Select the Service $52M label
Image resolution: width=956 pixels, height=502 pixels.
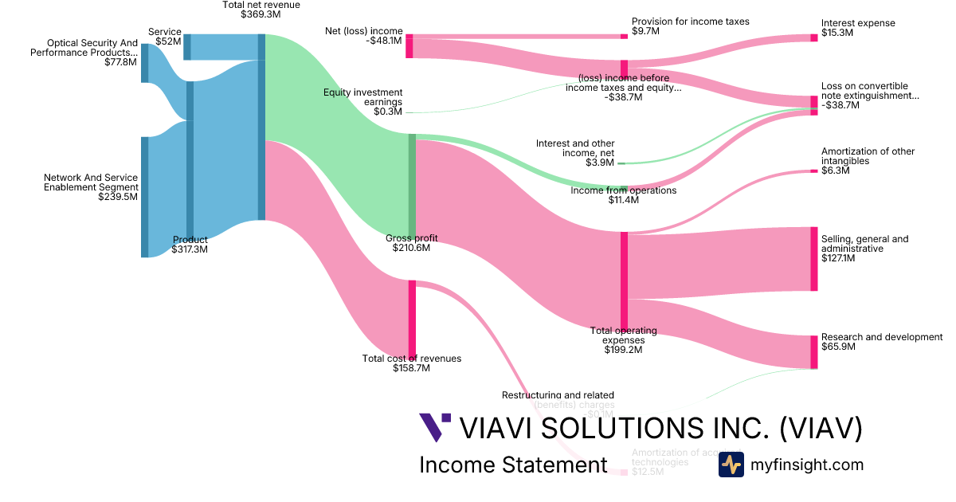click(165, 37)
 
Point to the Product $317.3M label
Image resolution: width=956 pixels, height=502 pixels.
click(190, 245)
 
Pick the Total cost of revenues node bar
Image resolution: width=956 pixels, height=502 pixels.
click(412, 319)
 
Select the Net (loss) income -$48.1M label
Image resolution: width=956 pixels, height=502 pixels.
click(363, 36)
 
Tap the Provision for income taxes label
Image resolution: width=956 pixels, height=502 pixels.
click(690, 26)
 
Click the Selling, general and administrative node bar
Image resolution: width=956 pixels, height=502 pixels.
click(813, 259)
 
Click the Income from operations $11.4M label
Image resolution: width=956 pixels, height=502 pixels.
click(623, 195)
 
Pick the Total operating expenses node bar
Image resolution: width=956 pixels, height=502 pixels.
click(624, 279)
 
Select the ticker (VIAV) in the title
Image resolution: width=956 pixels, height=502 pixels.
click(820, 428)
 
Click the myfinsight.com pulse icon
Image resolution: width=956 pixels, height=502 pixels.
click(731, 465)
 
